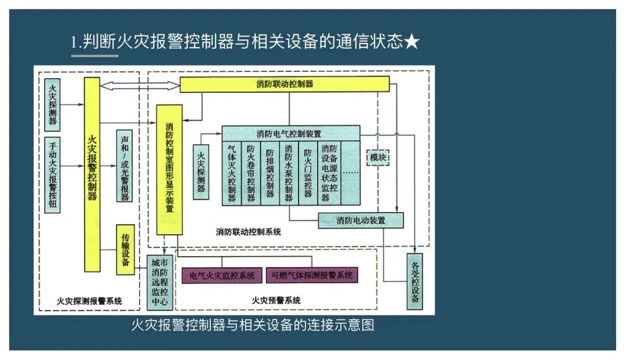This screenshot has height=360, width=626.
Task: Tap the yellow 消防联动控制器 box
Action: (x=284, y=84)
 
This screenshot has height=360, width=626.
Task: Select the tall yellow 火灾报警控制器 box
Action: (x=92, y=174)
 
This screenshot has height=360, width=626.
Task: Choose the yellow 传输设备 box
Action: (x=125, y=249)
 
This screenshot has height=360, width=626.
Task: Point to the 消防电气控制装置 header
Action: (x=290, y=133)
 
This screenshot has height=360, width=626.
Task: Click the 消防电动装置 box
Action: (x=361, y=220)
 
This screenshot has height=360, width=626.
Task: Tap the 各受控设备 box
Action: (x=414, y=281)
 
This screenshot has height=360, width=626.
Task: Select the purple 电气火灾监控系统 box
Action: (x=222, y=275)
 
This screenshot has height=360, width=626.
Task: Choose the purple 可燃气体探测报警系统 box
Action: (x=311, y=275)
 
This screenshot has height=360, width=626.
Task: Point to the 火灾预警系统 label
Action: (x=276, y=300)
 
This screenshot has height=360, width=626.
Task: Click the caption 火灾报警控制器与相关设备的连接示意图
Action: (x=253, y=325)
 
